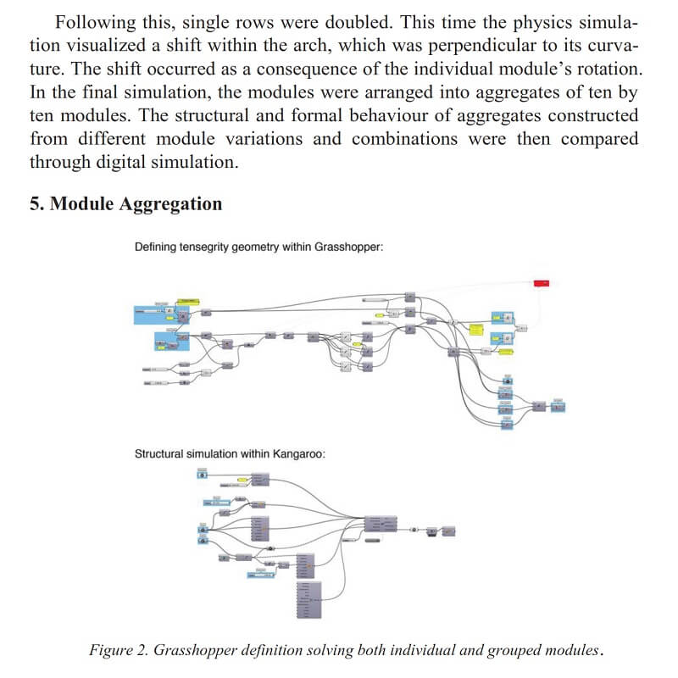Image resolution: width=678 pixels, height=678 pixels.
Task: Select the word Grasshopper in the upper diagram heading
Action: click(x=348, y=247)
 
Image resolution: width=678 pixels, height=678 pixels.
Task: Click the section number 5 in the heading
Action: click(x=35, y=204)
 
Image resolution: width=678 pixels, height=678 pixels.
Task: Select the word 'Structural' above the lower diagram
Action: click(x=162, y=453)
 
